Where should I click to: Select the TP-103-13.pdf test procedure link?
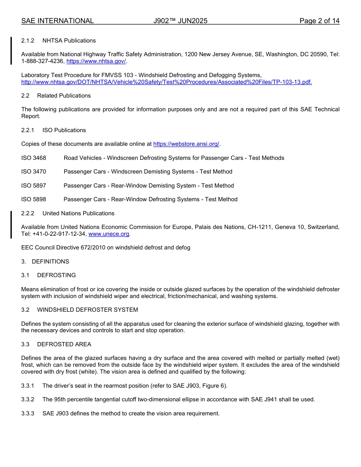pyautogui.click(x=166, y=82)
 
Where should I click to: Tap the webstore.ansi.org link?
pyautogui.click(x=186, y=144)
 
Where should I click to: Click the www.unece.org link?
pyautogui.click(x=109, y=234)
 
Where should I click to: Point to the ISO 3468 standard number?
pyautogui.click(x=33, y=158)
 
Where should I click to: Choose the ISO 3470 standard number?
pyautogui.click(x=33, y=172)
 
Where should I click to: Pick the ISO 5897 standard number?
pyautogui.click(x=33, y=186)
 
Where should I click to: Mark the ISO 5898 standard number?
pyautogui.click(x=33, y=199)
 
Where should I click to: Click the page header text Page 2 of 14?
pyautogui.click(x=319, y=21)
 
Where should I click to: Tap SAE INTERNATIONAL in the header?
pyautogui.click(x=57, y=21)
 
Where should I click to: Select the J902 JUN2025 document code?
pyautogui.click(x=180, y=21)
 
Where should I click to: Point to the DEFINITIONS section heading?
pyautogui.click(x=51, y=262)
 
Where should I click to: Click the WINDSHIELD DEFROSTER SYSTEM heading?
pyautogui.click(x=87, y=310)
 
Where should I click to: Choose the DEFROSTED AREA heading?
pyautogui.click(x=64, y=344)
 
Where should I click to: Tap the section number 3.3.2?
pyautogui.click(x=28, y=399)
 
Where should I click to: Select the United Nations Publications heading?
pyautogui.click(x=78, y=213)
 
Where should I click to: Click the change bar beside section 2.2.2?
pyautogui.click(x=11, y=224)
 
